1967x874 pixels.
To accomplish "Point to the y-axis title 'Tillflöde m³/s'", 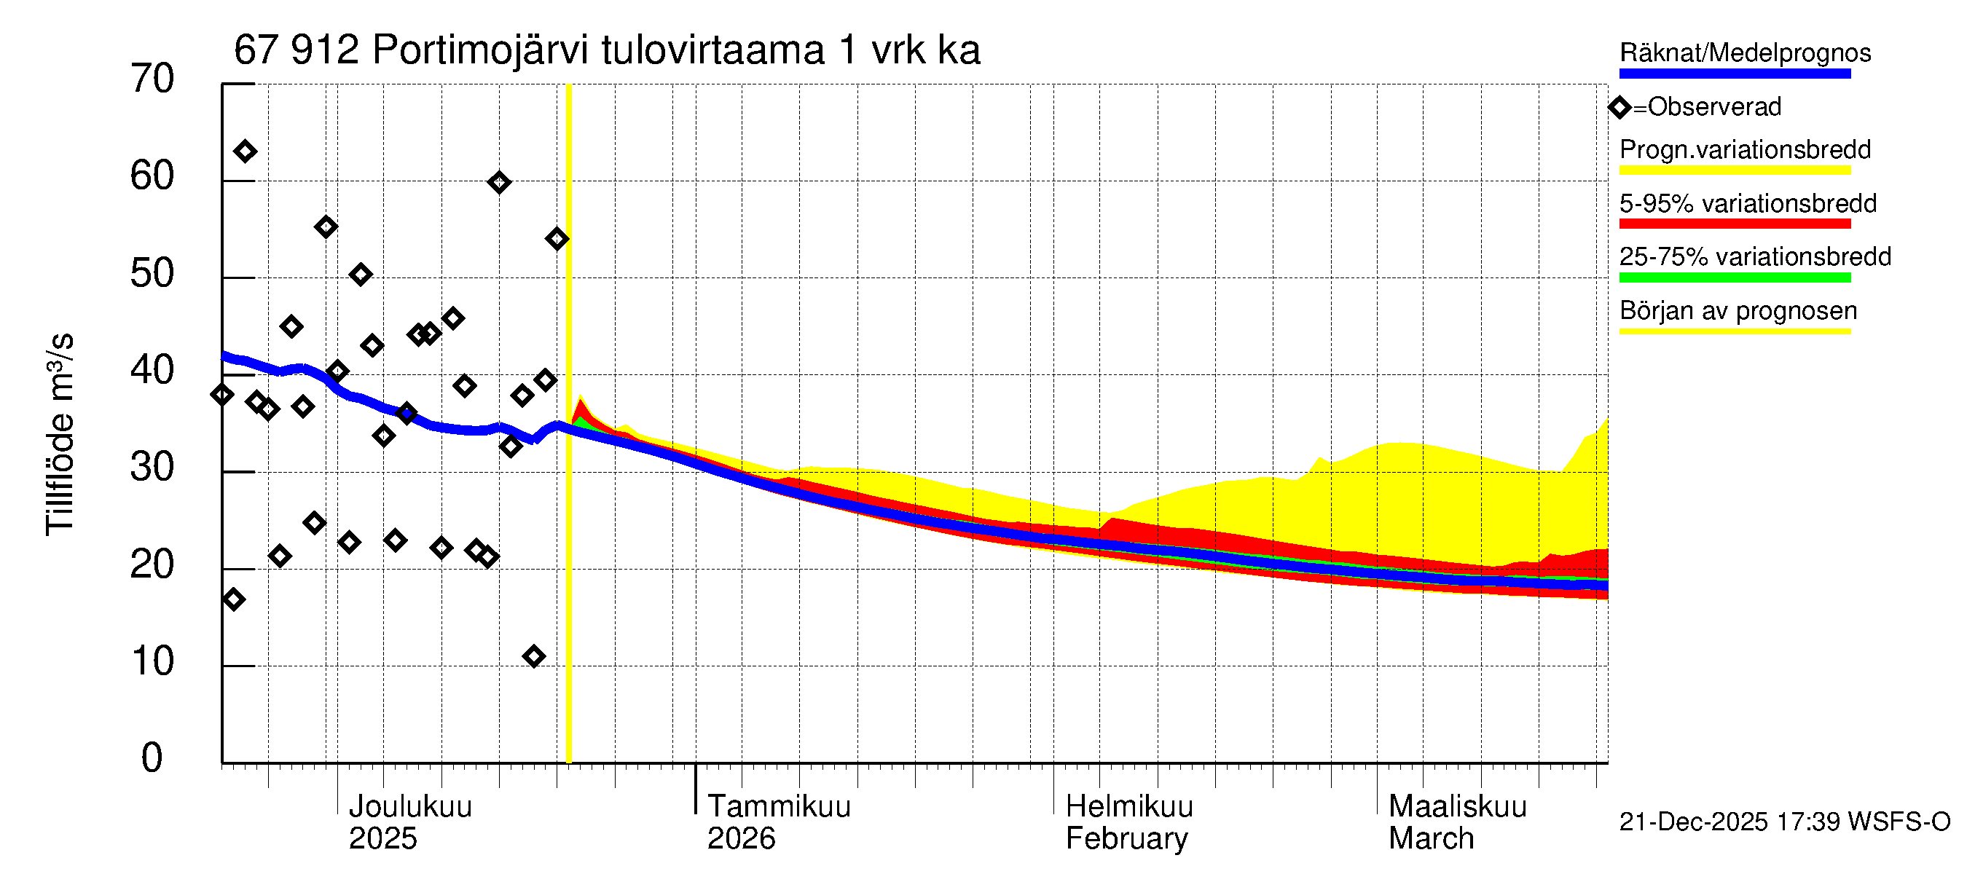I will pyautogui.click(x=60, y=435).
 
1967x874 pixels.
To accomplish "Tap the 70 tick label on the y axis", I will pyautogui.click(x=152, y=79).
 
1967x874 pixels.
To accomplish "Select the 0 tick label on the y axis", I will pyautogui.click(x=152, y=758).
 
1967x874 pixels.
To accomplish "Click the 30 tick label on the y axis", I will pyautogui.click(x=152, y=467).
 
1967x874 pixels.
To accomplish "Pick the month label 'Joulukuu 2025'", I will pyautogui.click(x=409, y=822).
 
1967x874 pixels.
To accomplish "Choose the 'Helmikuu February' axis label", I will pyautogui.click(x=1128, y=822).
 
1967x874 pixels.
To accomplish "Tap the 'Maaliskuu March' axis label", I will pyautogui.click(x=1456, y=822).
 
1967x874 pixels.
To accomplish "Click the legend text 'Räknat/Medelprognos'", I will pyautogui.click(x=1745, y=52).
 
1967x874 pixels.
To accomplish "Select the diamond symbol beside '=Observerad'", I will pyautogui.click(x=1619, y=107).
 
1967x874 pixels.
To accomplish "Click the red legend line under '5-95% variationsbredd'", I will pyautogui.click(x=1734, y=224).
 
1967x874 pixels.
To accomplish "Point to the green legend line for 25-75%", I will pyautogui.click(x=1734, y=277).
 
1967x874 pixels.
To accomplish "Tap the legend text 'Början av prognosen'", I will pyautogui.click(x=1738, y=311).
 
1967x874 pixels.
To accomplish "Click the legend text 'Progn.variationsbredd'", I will pyautogui.click(x=1745, y=149).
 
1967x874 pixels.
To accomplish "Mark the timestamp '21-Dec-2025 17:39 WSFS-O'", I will pyautogui.click(x=1784, y=822).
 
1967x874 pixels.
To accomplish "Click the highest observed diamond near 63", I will pyautogui.click(x=244, y=151).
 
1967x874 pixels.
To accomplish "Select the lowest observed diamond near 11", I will pyautogui.click(x=534, y=655).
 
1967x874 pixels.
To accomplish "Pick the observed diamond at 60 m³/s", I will pyautogui.click(x=498, y=182).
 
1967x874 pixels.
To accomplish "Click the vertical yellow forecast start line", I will pyautogui.click(x=569, y=535).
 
